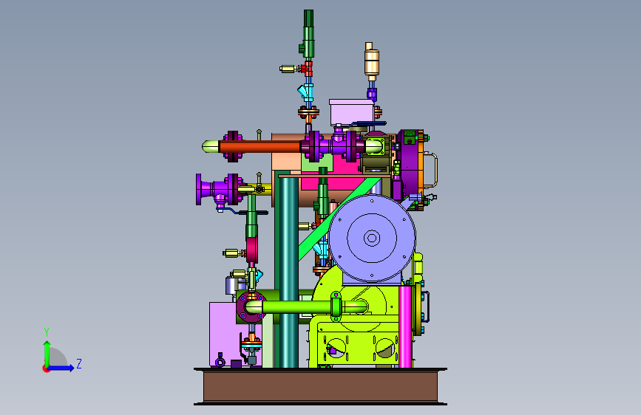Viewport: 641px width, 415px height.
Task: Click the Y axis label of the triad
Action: pos(47,332)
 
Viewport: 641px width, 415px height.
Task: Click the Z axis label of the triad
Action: pos(79,363)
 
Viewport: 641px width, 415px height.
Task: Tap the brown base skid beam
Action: pos(321,386)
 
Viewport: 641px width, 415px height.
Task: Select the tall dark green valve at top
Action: pos(308,33)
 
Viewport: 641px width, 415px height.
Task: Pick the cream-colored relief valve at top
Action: pos(372,61)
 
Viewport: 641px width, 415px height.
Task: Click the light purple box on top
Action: pos(351,112)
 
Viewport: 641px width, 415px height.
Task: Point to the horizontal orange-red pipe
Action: pos(260,147)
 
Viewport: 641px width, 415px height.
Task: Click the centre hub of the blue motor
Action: pos(372,238)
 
